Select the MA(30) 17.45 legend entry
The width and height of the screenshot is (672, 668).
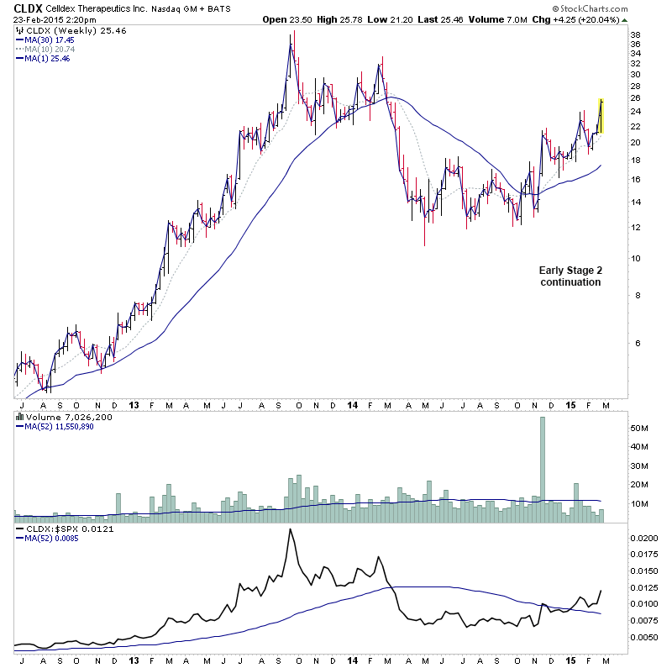point(47,39)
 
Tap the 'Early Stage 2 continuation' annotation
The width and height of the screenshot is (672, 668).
point(570,276)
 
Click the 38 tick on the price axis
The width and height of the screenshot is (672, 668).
point(636,35)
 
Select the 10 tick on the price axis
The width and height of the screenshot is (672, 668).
point(636,258)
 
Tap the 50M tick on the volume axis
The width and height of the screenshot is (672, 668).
point(640,428)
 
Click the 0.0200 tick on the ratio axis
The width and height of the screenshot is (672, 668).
point(645,537)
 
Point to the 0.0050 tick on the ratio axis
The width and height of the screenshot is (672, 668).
point(645,637)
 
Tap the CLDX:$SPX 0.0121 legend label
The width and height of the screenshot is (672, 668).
point(60,529)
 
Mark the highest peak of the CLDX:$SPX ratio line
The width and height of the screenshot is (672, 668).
point(291,529)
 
